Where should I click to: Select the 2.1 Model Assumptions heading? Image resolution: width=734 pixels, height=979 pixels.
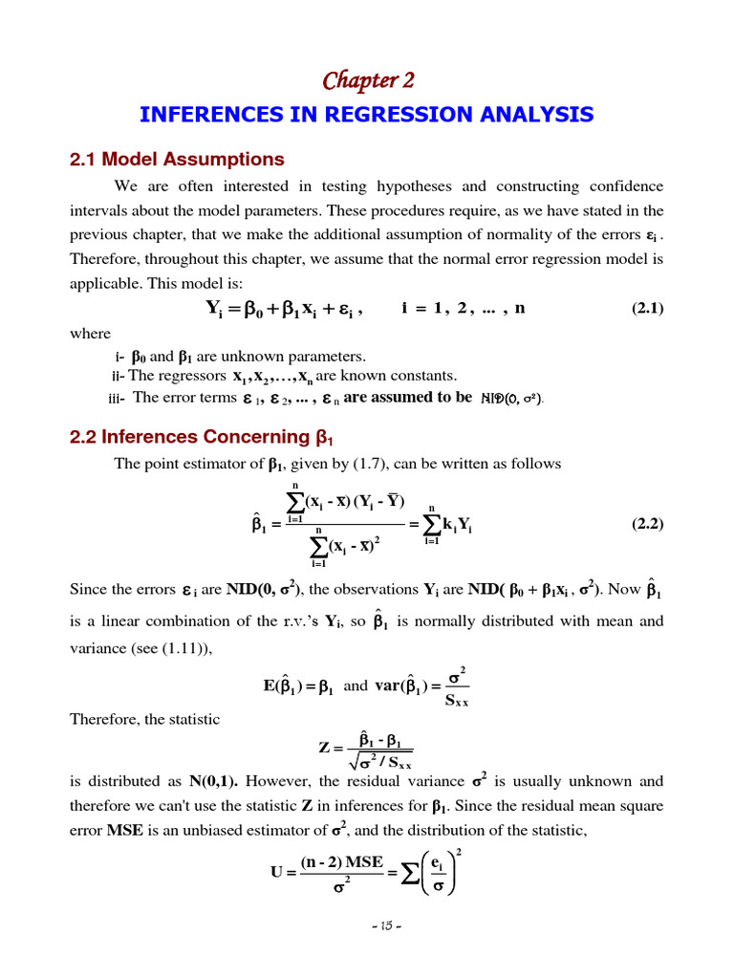tap(177, 159)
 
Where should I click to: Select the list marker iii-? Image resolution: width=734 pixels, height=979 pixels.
tap(118, 398)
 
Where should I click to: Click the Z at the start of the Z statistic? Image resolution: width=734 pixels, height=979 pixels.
tap(323, 747)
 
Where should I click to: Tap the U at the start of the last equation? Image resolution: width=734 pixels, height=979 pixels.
tap(277, 872)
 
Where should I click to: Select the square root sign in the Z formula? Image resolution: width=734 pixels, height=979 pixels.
tap(357, 763)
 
